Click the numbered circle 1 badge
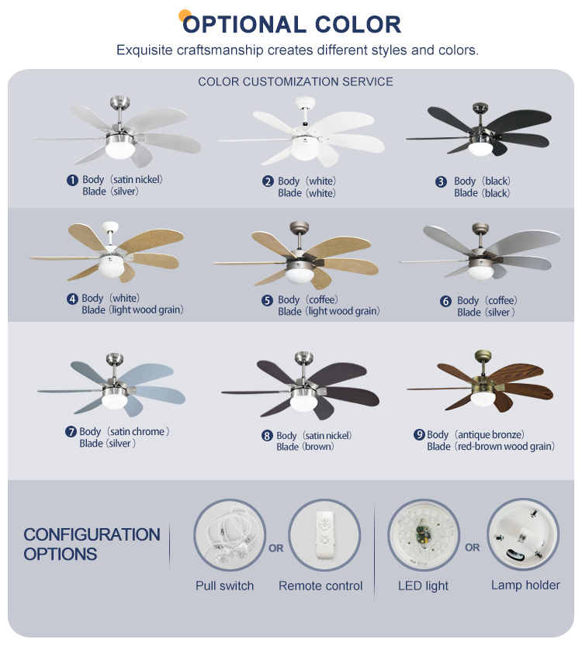(x=72, y=180)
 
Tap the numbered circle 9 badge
(x=419, y=434)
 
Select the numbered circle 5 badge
(x=267, y=300)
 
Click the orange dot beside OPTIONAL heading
(x=185, y=16)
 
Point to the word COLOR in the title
(x=358, y=25)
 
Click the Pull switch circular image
(x=230, y=534)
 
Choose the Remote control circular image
(x=324, y=534)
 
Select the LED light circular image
(x=424, y=534)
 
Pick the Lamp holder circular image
(x=523, y=534)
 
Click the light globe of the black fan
(x=480, y=149)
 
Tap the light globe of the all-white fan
(x=304, y=150)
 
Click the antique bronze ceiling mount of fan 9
(x=483, y=355)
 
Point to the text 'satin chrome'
(x=137, y=431)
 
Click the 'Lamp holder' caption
(x=525, y=585)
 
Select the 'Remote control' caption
(x=320, y=586)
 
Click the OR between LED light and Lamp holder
(x=472, y=548)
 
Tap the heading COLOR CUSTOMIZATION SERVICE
(x=296, y=81)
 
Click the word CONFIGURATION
(x=92, y=534)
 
